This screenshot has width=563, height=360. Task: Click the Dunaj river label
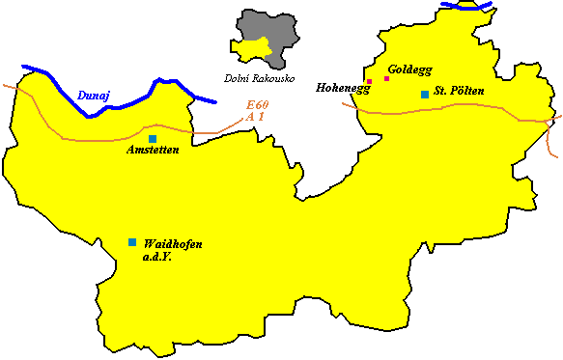tap(94, 96)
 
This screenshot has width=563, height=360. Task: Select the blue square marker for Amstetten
tap(153, 139)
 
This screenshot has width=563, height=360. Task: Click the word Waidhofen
tap(172, 243)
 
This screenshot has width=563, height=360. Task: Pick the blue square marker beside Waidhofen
tap(132, 242)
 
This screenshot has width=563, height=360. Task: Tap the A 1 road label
tap(256, 117)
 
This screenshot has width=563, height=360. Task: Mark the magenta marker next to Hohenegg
tap(369, 81)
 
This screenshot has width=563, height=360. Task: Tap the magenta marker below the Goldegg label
tap(386, 78)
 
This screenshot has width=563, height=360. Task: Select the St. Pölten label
tap(459, 91)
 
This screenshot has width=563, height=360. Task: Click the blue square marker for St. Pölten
tap(424, 94)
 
